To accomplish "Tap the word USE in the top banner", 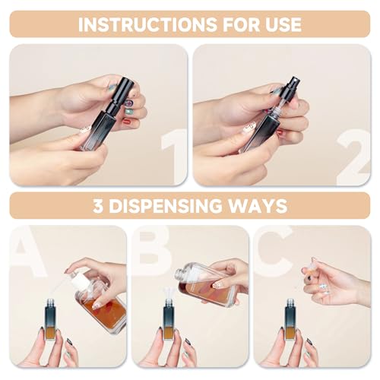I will click(x=278, y=24).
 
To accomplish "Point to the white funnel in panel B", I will click(x=168, y=293).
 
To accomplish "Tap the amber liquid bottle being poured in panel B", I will click(x=207, y=284).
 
